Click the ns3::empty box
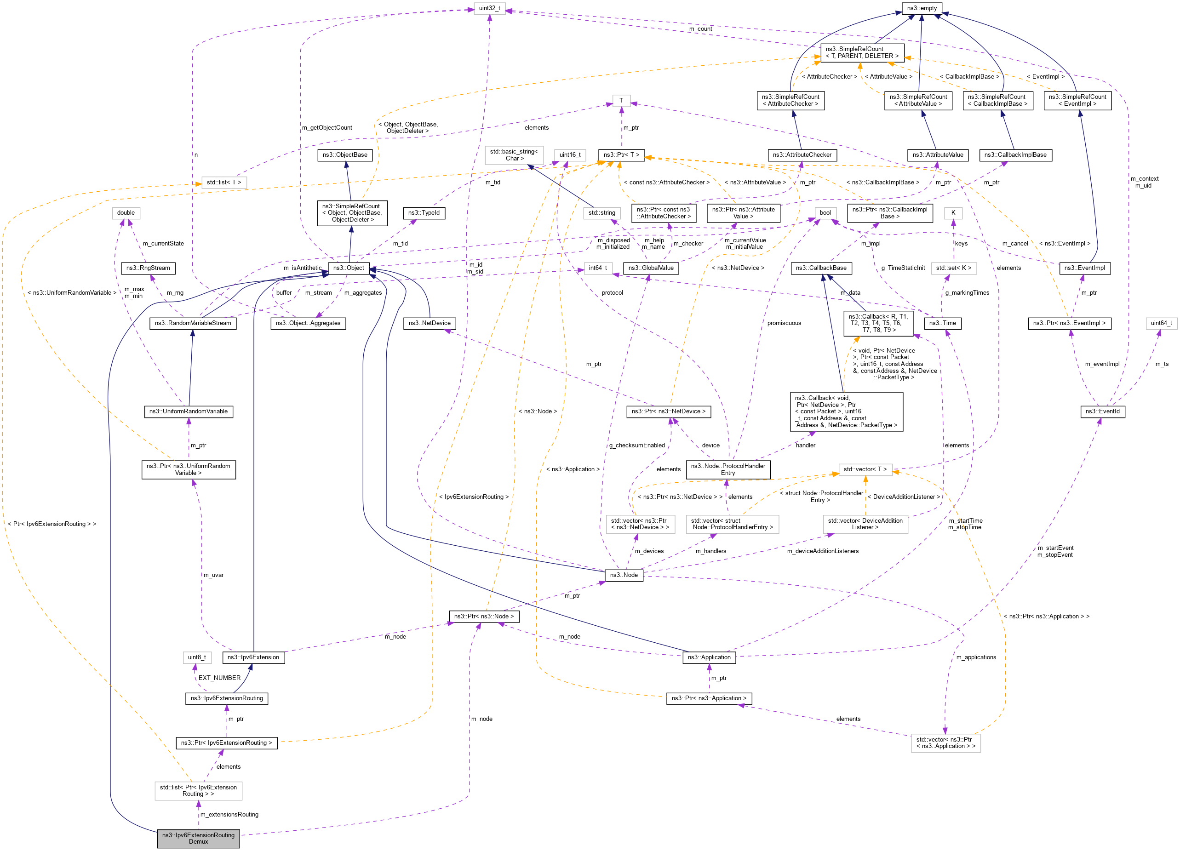tap(922, 8)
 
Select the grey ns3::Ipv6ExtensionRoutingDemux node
tap(198, 838)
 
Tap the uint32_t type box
tap(489, 8)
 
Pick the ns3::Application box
tap(709, 657)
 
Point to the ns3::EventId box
tap(1102, 411)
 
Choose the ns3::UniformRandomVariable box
tap(189, 411)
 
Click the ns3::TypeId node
tap(424, 213)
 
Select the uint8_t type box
tap(197, 657)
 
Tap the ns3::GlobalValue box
tap(650, 268)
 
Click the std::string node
tap(601, 213)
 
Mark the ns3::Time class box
tap(942, 323)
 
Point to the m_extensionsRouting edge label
tap(229, 814)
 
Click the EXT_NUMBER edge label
tap(219, 678)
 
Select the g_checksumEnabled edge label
tap(637, 445)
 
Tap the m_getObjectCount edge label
tap(327, 127)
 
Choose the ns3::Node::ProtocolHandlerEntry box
tap(727, 469)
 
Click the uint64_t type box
tap(1161, 323)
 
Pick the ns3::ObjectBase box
tap(344, 155)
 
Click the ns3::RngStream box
tap(148, 268)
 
